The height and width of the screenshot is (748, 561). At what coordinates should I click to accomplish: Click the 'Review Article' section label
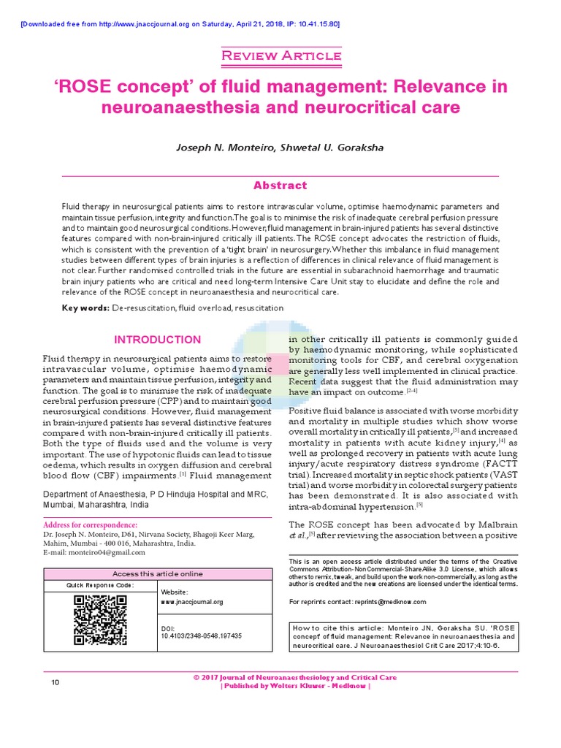click(280, 56)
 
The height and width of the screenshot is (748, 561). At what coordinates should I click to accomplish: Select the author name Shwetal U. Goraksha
click(339, 147)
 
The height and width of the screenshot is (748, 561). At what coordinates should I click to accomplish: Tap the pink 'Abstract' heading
click(280, 186)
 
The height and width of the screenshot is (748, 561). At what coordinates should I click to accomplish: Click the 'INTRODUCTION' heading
click(157, 340)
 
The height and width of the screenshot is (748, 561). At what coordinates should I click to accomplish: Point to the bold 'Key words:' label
click(85, 308)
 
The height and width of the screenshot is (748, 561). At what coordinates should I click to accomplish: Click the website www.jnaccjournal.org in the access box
click(192, 602)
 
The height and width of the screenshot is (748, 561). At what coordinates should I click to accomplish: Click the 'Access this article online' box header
click(158, 574)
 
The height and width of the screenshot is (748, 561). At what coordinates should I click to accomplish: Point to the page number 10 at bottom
click(55, 682)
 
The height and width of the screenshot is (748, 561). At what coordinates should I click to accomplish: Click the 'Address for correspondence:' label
click(90, 524)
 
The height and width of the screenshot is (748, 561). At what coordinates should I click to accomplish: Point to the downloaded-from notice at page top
click(180, 24)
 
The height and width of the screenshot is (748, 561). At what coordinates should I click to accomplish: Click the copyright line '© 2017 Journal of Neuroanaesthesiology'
click(295, 678)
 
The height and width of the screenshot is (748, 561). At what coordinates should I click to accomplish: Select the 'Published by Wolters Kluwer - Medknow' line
click(295, 687)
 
